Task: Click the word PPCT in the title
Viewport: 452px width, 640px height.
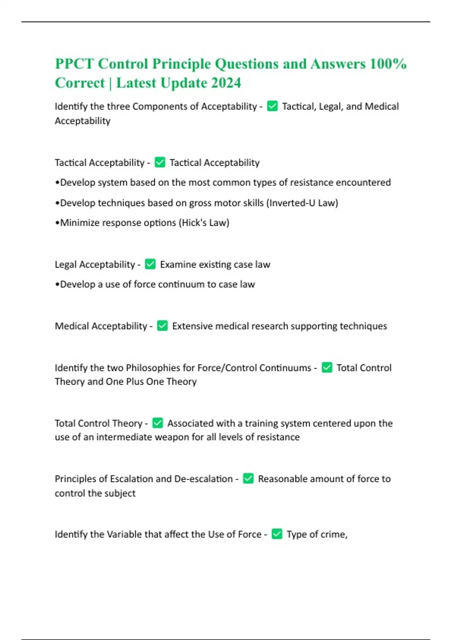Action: click(x=74, y=64)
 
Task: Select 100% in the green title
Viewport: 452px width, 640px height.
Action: click(x=388, y=64)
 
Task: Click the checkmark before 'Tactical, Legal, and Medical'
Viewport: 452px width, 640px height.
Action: click(x=272, y=107)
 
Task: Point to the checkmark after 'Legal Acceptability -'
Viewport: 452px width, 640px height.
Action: click(x=150, y=264)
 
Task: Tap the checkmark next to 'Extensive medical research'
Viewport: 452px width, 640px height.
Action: click(x=162, y=326)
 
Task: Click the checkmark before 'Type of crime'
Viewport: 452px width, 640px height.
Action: click(x=277, y=534)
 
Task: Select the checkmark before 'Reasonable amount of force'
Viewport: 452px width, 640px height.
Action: click(x=248, y=478)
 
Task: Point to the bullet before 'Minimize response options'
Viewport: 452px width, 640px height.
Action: click(x=57, y=223)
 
